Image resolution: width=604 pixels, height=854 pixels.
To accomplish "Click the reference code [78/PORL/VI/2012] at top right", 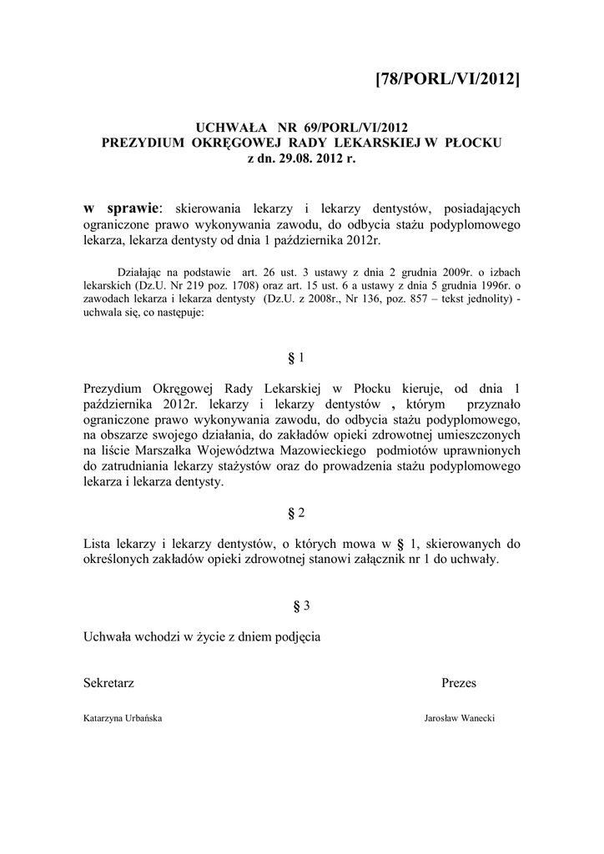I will coord(448,79).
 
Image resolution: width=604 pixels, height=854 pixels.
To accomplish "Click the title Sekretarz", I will coord(109,683).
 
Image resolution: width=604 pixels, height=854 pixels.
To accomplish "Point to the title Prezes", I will coord(459,683).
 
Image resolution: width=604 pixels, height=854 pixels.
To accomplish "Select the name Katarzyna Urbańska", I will coord(123,717).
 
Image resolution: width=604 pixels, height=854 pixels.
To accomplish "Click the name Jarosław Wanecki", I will coord(461,717).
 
